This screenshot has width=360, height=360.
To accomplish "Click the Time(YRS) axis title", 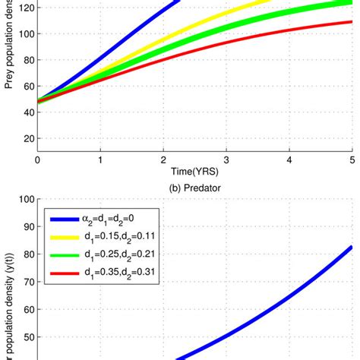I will pos(194,173).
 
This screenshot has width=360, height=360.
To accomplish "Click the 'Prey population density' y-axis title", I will pos(8,46).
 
